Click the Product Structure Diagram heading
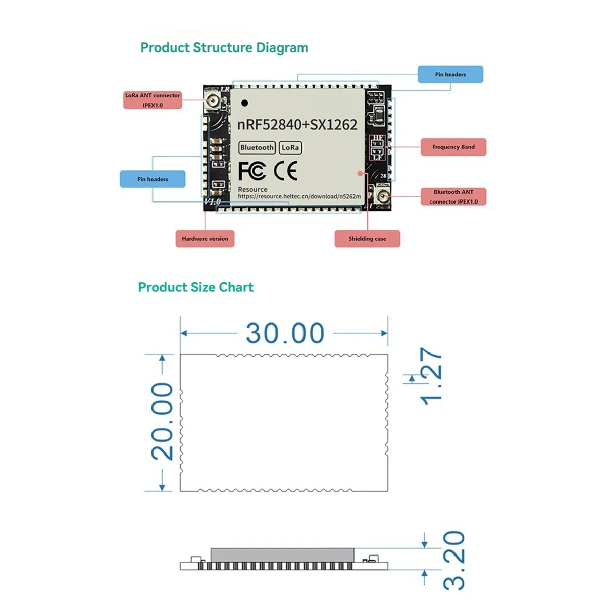tap(224, 48)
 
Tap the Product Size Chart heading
tap(196, 287)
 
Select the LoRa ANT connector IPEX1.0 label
tap(153, 100)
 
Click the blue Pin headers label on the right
tap(450, 74)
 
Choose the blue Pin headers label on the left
tap(153, 179)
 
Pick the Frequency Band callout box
tap(453, 147)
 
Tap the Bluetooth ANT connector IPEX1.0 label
tap(453, 196)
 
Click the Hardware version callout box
tap(205, 239)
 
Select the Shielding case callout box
tap(367, 239)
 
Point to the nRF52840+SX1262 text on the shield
tap(297, 125)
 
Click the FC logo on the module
tap(251, 171)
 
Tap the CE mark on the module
tap(285, 171)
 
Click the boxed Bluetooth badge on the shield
tap(257, 147)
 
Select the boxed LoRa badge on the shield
tap(290, 147)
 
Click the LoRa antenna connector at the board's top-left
tap(213, 100)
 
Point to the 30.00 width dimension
tap(285, 333)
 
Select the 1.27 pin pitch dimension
tap(431, 376)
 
